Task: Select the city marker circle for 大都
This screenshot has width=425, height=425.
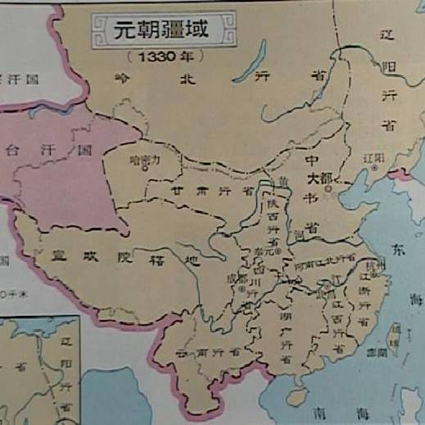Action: tap(327, 188)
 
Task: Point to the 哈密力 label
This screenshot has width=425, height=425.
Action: tap(144, 160)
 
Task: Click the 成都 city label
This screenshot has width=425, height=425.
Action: tap(235, 278)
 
